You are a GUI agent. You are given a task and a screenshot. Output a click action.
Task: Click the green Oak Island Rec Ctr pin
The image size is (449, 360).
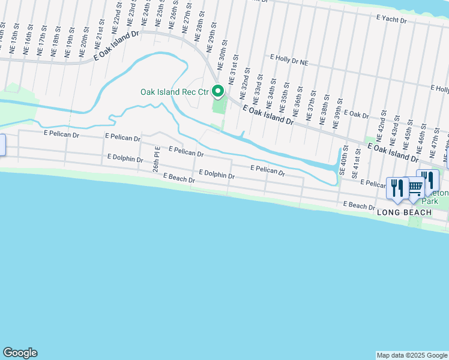point(218,92)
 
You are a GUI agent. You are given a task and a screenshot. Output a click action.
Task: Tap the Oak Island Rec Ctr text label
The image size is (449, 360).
point(173,92)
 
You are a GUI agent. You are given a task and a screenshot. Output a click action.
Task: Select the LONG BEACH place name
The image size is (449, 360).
point(404,213)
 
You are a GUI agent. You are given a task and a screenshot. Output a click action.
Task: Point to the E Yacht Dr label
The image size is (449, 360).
point(392,20)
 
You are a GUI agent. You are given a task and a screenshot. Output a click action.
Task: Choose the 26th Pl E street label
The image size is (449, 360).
point(155,159)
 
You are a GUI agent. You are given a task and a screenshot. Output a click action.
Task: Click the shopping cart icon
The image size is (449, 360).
point(415,187)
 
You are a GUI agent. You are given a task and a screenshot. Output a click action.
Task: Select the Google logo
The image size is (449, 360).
point(20,353)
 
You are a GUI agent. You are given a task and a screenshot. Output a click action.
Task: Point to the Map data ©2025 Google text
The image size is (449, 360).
point(412,355)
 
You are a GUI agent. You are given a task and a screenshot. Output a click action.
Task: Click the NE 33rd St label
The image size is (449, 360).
point(260,87)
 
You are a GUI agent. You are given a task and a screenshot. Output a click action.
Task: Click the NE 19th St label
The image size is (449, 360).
point(71,41)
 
